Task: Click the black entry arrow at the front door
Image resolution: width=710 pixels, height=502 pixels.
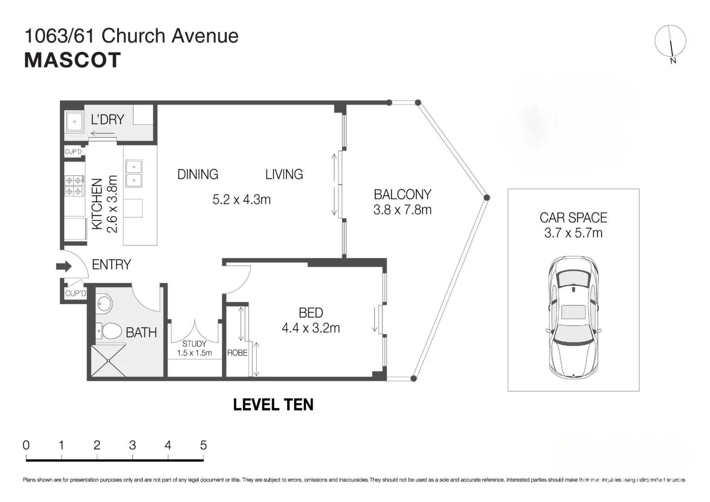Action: (64, 266)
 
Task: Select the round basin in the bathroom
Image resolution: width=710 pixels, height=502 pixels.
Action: (105, 305)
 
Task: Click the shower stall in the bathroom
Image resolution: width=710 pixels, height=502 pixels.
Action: (108, 360)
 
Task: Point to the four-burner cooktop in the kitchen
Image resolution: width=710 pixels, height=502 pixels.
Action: (74, 185)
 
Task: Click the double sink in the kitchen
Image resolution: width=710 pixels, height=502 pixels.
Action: (134, 173)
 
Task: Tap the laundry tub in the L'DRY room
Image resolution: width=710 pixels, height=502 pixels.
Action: (74, 122)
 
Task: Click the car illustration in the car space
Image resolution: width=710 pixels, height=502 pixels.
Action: (573, 317)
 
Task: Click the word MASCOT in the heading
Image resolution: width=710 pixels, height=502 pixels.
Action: (73, 60)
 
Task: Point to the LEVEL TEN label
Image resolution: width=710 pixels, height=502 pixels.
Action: (273, 405)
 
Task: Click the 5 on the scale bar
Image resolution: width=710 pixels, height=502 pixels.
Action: (203, 445)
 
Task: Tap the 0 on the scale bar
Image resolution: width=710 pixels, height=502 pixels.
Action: (26, 445)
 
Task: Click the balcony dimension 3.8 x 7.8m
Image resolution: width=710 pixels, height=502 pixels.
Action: (402, 210)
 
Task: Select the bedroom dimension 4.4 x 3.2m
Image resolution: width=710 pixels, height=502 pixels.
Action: (311, 328)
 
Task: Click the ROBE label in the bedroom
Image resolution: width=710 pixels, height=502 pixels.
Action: (237, 353)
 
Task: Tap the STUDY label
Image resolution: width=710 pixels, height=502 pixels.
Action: (194, 344)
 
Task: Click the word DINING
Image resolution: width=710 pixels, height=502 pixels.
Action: (198, 174)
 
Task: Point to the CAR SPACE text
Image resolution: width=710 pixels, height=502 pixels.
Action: (573, 218)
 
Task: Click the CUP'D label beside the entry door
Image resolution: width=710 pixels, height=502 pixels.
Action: (75, 293)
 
